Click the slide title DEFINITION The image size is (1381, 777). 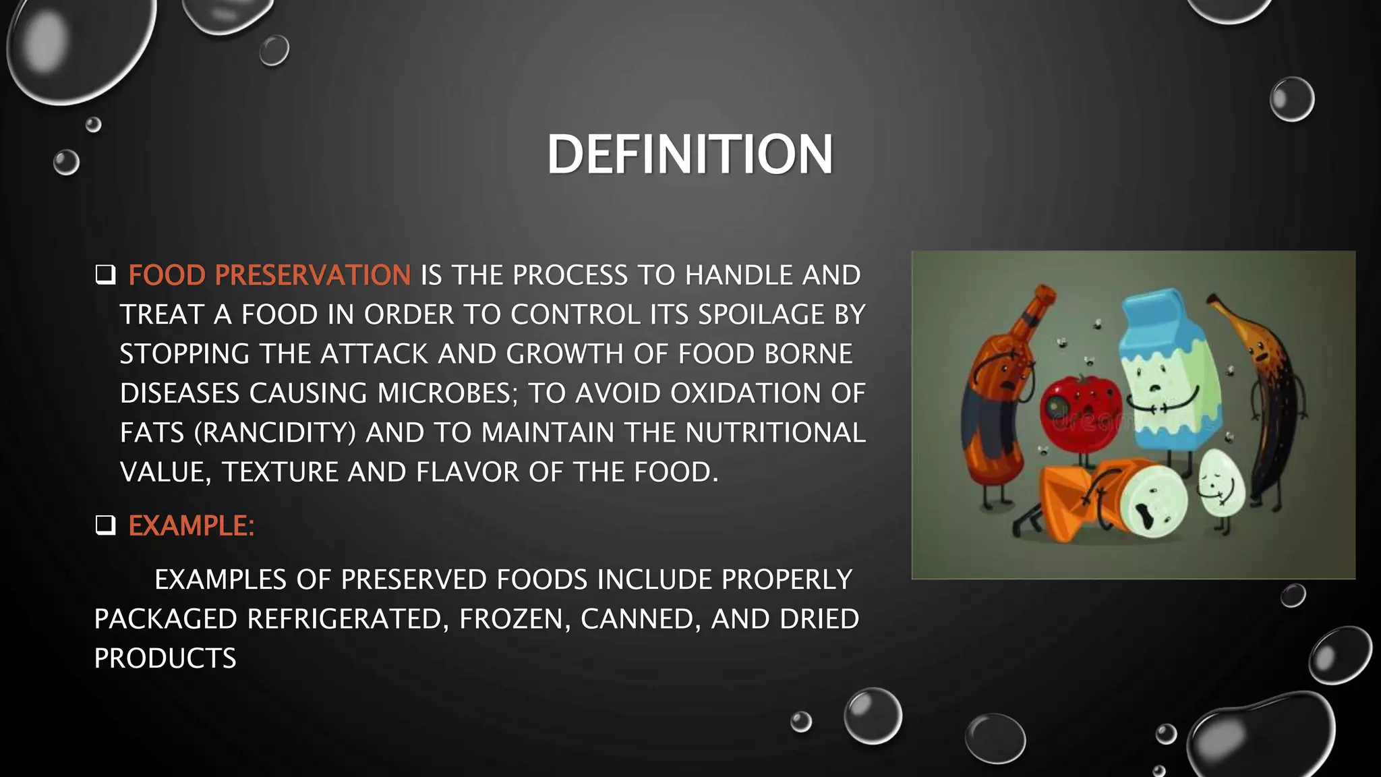pos(690,154)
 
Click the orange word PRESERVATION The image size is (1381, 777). pos(312,275)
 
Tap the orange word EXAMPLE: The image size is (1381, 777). pos(192,526)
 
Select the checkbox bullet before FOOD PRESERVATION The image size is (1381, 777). pos(105,275)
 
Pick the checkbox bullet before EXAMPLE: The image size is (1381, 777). pos(105,525)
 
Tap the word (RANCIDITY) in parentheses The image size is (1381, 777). pos(274,433)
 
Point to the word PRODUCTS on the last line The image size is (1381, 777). pos(165,658)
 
